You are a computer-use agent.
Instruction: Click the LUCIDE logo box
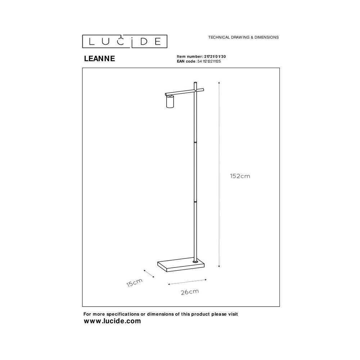tap(125, 41)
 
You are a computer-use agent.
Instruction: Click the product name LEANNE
tap(99, 59)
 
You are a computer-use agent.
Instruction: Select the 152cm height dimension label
tap(240, 176)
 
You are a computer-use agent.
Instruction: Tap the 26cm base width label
tap(190, 292)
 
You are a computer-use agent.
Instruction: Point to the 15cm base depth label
tap(135, 283)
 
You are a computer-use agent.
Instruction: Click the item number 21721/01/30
tap(215, 57)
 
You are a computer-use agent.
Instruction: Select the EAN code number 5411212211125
tap(209, 61)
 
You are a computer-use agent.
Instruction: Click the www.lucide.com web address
tap(112, 321)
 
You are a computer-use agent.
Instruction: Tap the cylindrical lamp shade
tap(170, 102)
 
